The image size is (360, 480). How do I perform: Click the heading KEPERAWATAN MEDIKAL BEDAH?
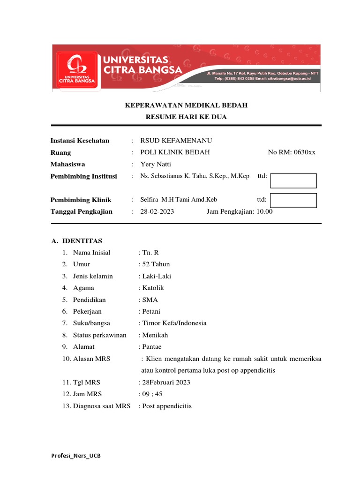pyautogui.click(x=186, y=105)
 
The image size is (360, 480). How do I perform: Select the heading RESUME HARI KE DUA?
pyautogui.click(x=186, y=117)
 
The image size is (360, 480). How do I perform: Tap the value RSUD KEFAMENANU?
pyautogui.click(x=173, y=141)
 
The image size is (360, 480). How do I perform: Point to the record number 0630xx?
pyautogui.click(x=292, y=152)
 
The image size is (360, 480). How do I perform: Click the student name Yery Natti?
pyautogui.click(x=156, y=164)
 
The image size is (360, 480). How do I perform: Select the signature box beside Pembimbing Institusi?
pyautogui.click(x=294, y=181)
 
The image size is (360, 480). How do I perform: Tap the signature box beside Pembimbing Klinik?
pyautogui.click(x=294, y=200)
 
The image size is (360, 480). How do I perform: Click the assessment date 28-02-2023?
pyautogui.click(x=157, y=211)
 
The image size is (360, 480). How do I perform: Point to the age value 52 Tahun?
pyautogui.click(x=156, y=264)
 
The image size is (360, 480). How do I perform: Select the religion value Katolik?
pyautogui.click(x=152, y=288)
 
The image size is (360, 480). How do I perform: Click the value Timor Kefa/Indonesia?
pyautogui.click(x=173, y=323)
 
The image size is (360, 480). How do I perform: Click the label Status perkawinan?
pyautogui.click(x=99, y=335)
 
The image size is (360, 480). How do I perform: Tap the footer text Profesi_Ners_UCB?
pyautogui.click(x=75, y=456)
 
